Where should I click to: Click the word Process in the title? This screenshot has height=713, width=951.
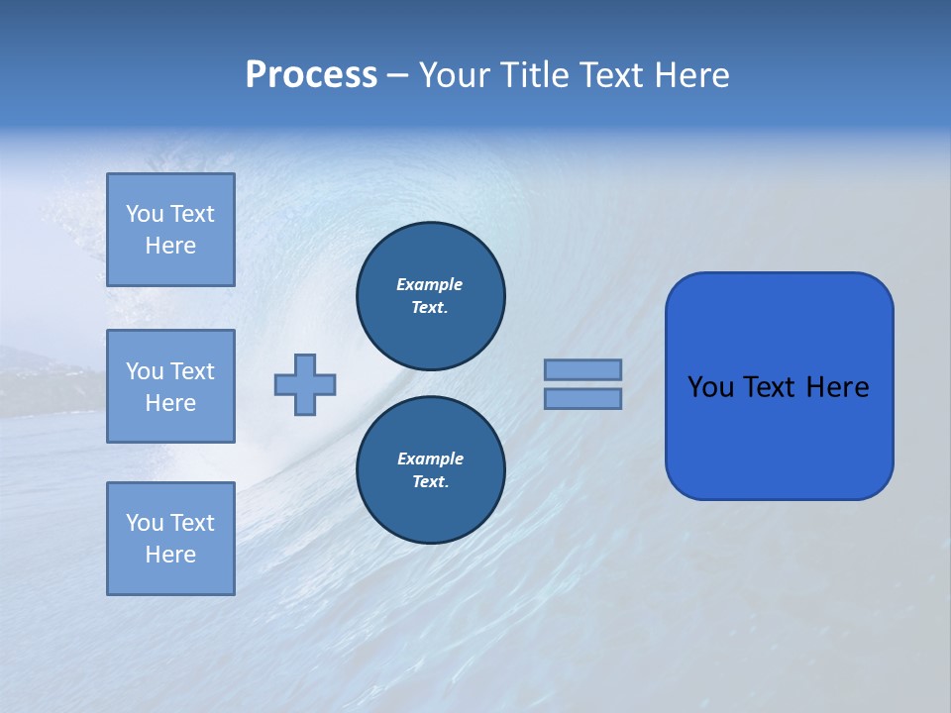(311, 75)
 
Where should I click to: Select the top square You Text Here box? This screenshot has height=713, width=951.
(170, 230)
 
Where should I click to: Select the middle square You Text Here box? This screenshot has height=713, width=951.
(170, 386)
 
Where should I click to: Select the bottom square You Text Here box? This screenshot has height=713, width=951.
(170, 539)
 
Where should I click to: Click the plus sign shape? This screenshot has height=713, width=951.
(305, 384)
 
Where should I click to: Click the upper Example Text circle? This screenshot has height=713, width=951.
(430, 296)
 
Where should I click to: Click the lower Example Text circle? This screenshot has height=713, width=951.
(430, 470)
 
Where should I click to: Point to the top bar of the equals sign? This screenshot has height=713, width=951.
(582, 369)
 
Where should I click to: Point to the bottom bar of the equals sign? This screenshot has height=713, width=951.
(582, 398)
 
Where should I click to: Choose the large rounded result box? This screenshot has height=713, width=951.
(779, 436)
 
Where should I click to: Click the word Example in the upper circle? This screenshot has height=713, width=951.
(430, 285)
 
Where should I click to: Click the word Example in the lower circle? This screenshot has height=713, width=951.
(430, 459)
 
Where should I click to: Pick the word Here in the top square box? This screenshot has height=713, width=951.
(170, 247)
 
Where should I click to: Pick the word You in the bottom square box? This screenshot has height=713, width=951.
(145, 523)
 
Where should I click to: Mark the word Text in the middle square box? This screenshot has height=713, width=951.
(192, 371)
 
